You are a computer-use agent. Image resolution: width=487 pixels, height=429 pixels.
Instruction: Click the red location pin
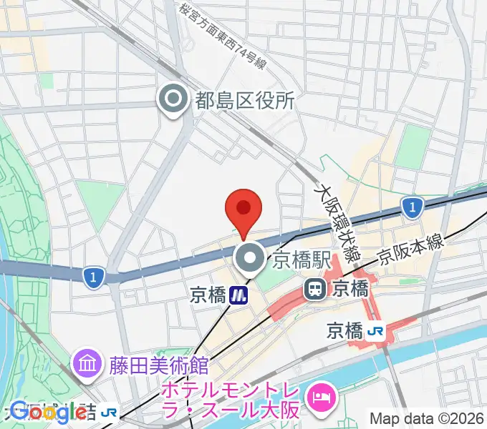point(243,209)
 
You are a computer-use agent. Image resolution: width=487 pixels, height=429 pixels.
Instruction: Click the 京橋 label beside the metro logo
point(208,295)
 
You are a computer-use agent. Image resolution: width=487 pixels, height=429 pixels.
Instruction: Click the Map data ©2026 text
point(425,419)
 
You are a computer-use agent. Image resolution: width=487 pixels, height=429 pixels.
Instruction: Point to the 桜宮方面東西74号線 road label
point(223,36)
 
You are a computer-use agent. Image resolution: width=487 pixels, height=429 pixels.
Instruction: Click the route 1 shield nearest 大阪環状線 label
point(410,208)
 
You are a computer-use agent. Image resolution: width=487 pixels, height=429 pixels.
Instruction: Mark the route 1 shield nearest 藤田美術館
point(92,276)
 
